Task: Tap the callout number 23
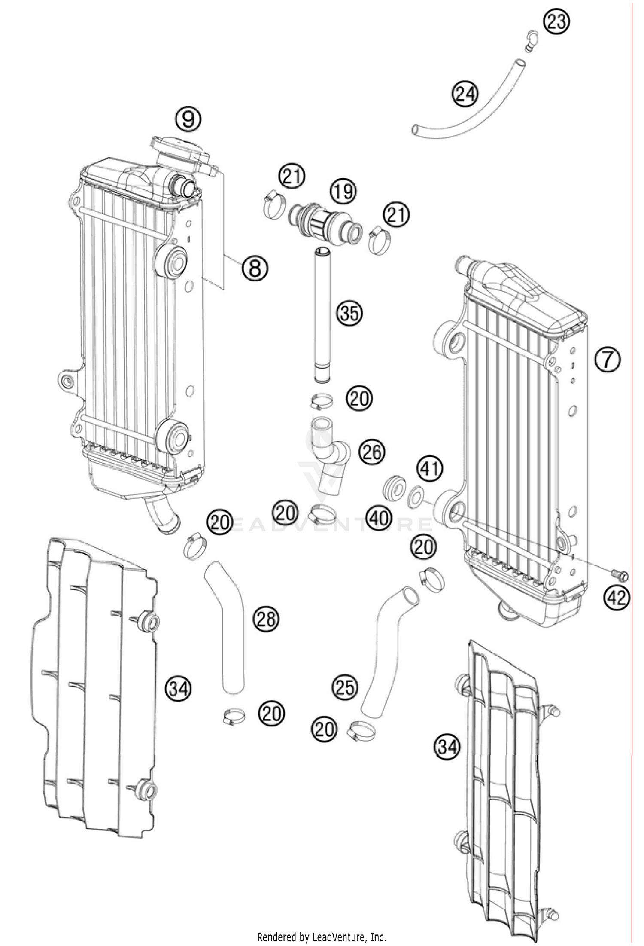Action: pos(556,21)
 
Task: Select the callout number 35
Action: pos(349,313)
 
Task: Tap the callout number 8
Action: pos(254,268)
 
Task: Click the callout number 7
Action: pos(608,359)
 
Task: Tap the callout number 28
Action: pos(266,619)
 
